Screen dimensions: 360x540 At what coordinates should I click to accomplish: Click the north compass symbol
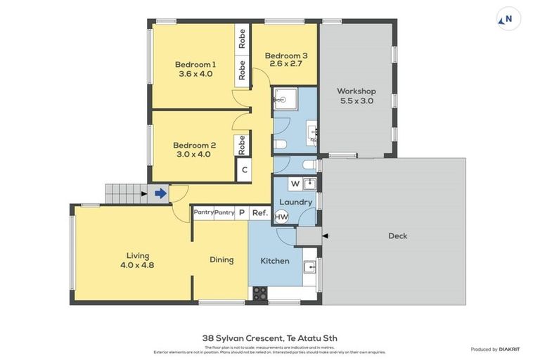pos(508,19)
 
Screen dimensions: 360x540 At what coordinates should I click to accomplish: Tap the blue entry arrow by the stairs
pos(160,193)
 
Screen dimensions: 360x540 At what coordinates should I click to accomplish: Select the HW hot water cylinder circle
pos(281,217)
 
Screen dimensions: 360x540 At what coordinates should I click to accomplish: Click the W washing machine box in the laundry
pos(295,184)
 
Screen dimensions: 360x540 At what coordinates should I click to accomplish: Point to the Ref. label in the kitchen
pos(259,212)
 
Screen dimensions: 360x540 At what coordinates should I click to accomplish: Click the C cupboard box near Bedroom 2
pos(244,169)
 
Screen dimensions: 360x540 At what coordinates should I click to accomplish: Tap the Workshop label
pos(356,91)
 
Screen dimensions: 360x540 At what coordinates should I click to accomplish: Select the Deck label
pos(397,236)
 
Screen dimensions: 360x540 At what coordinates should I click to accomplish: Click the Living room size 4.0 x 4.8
pos(137,265)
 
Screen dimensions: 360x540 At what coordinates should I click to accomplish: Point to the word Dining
pos(221,259)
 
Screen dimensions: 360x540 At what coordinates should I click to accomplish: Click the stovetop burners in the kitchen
pos(259,292)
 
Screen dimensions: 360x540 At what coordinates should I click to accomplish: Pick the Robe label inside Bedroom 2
pos(241,145)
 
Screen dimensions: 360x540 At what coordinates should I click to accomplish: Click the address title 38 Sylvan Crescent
pos(269,338)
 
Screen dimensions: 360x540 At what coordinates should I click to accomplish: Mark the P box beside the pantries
pos(242,212)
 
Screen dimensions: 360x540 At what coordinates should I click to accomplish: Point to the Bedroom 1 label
pos(195,64)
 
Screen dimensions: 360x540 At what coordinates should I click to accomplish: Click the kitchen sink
pos(309,267)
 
